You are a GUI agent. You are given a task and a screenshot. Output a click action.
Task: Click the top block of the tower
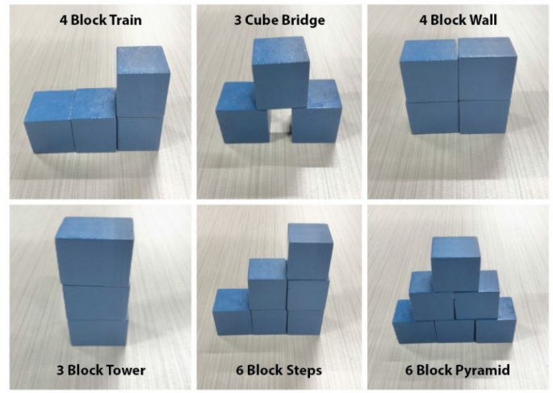click(95, 250)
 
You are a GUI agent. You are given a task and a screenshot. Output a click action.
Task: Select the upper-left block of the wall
click(429, 73)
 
